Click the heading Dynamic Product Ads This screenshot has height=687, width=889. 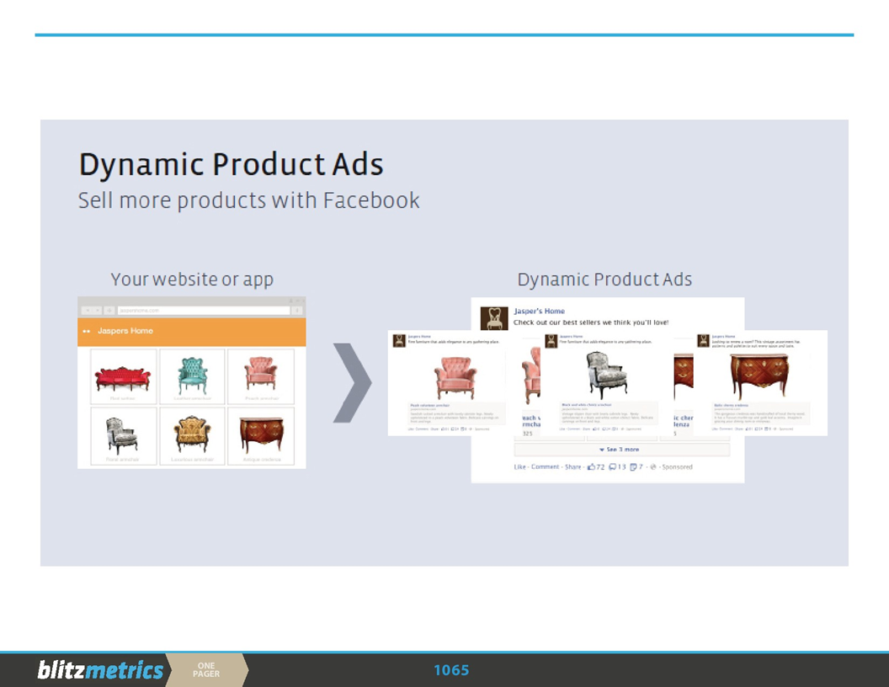tap(231, 165)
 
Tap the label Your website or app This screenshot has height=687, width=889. tap(192, 280)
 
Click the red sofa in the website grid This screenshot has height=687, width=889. tap(122, 379)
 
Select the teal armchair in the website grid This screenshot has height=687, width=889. tap(193, 375)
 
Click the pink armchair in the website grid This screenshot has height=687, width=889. tap(261, 374)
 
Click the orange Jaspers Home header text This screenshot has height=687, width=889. tap(125, 331)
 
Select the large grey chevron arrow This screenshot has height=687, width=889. tap(352, 382)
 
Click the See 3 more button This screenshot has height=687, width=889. tap(621, 450)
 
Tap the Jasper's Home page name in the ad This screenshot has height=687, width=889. tap(539, 312)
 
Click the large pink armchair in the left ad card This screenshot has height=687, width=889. tap(455, 376)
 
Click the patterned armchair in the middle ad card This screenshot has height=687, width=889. tap(606, 375)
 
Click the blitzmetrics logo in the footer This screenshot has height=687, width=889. tap(100, 670)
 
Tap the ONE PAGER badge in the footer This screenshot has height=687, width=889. tap(206, 670)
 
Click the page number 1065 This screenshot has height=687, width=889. tap(451, 670)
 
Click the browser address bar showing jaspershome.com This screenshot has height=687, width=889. tap(202, 311)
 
